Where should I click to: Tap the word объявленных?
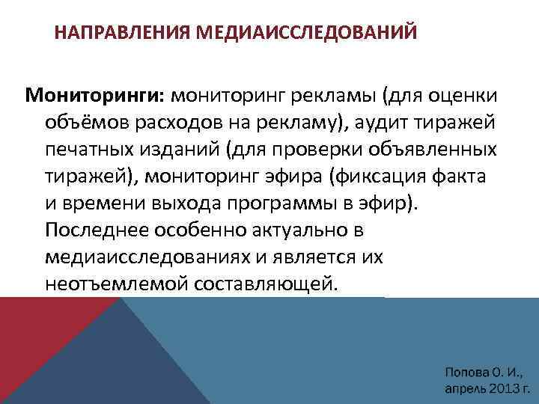coord(433,150)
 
